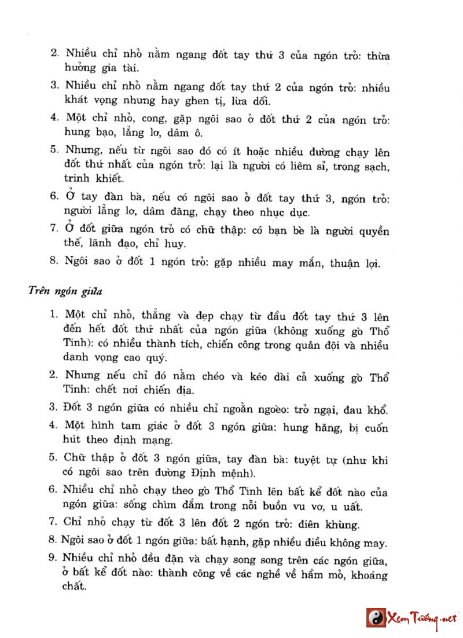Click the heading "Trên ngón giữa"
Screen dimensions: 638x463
click(x=62, y=290)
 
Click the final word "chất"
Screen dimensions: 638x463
click(x=75, y=586)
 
